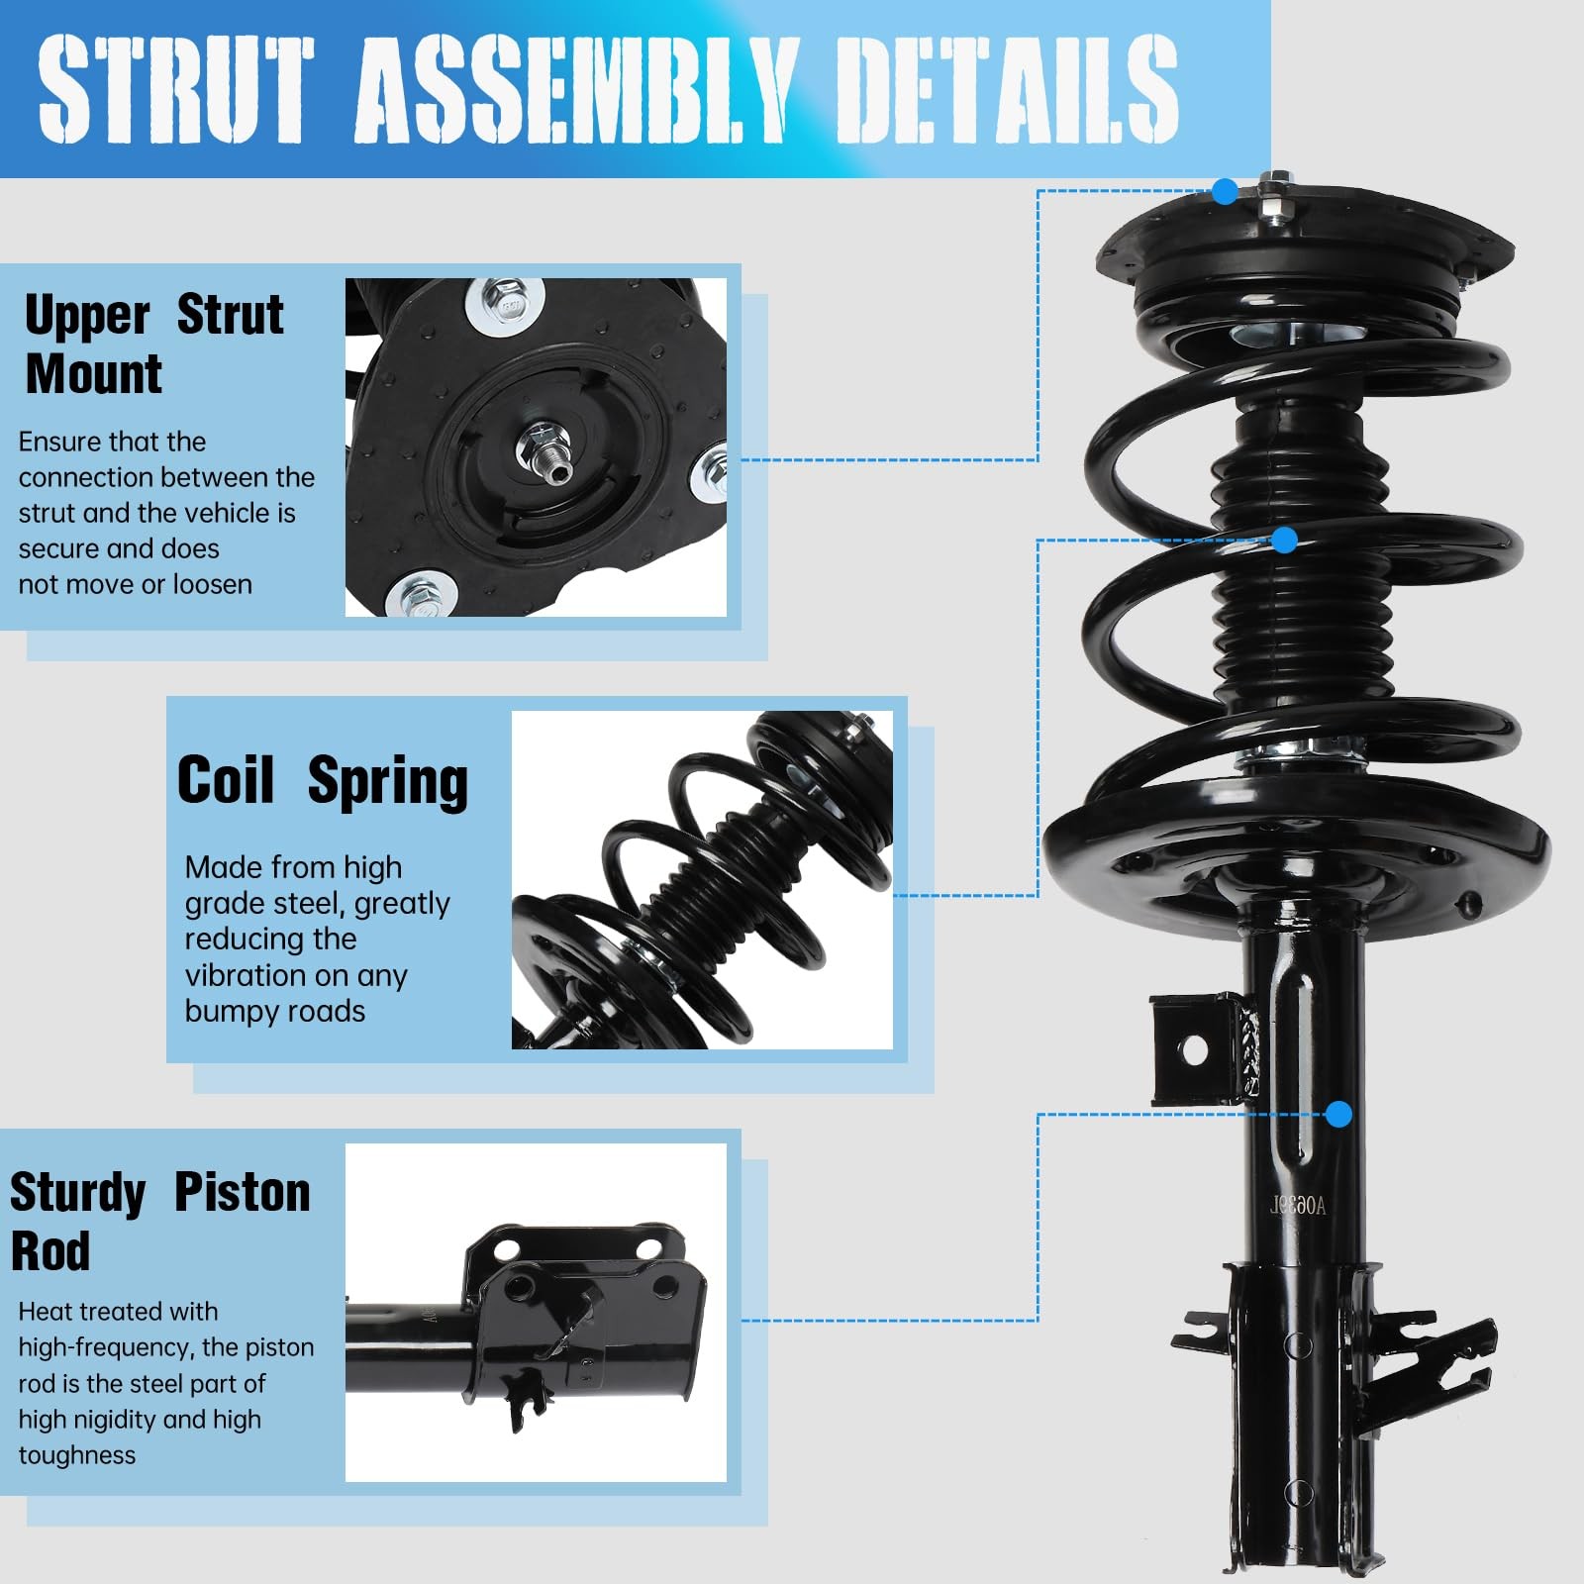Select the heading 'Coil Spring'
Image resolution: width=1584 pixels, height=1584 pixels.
(323, 781)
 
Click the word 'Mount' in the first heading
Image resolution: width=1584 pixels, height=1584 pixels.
(94, 373)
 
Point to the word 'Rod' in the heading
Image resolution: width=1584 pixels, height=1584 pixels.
(50, 1250)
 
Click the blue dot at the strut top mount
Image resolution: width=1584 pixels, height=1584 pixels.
(1225, 191)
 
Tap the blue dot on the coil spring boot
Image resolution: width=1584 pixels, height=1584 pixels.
(1284, 540)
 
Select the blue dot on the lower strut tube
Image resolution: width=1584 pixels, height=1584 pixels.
(1338, 1115)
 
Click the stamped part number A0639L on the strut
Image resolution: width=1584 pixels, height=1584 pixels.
(1298, 1205)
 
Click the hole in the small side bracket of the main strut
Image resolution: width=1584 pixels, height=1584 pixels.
(1195, 1050)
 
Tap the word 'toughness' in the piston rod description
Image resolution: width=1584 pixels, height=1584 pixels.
(77, 1455)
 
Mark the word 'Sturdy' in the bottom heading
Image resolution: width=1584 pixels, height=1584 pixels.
(78, 1193)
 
